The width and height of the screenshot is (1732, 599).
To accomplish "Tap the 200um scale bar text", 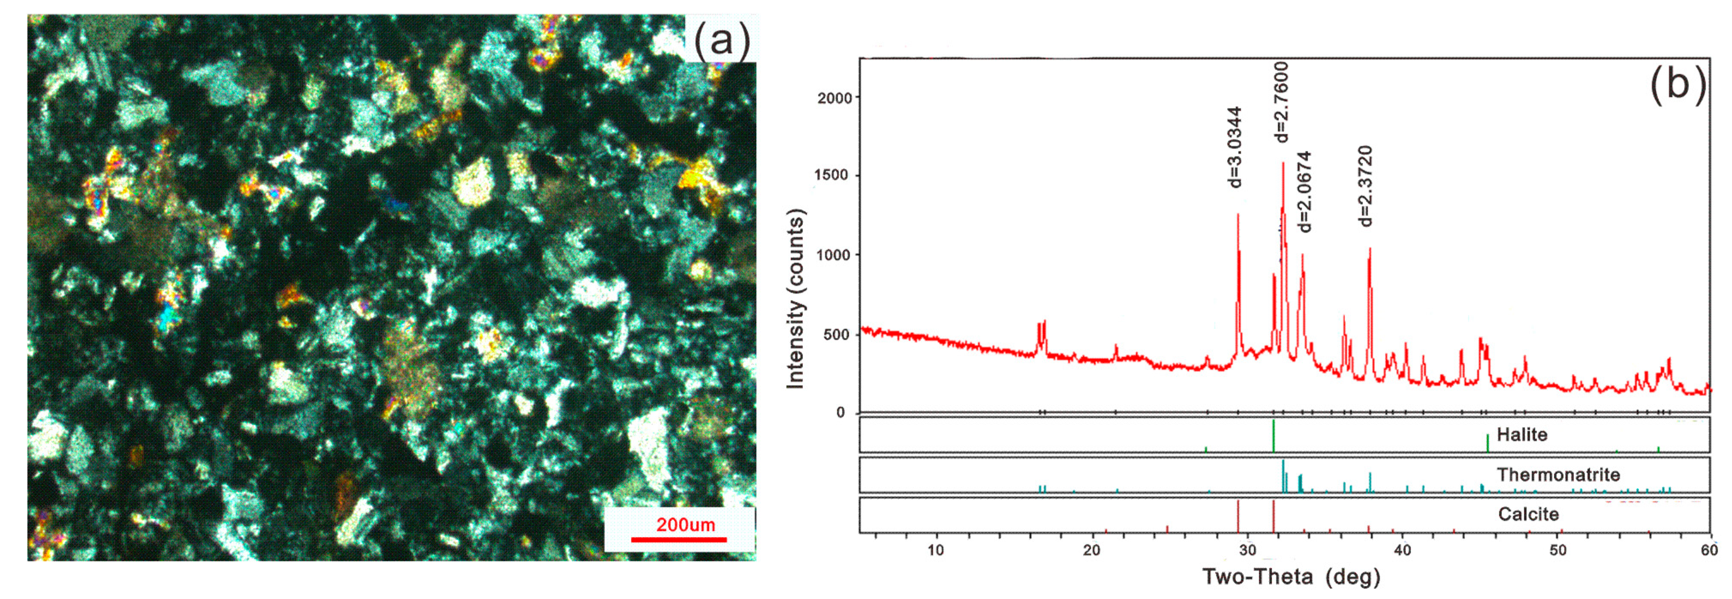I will click(685, 524).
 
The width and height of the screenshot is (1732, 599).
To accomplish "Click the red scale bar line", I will click(678, 539).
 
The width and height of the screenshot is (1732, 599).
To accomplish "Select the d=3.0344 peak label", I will click(1235, 147).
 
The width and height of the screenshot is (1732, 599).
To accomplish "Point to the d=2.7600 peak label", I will click(1281, 102).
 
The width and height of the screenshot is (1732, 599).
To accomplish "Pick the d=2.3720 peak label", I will click(1364, 186).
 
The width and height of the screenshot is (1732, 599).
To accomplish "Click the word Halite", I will click(1521, 435).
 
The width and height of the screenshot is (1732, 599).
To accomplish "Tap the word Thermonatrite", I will click(1558, 475).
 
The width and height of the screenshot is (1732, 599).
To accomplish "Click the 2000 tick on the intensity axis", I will click(834, 98).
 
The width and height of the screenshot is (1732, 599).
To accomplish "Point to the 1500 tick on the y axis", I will click(832, 175).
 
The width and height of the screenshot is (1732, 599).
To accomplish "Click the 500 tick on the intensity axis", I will click(837, 335).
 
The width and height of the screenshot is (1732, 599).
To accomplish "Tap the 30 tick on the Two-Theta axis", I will click(1247, 550).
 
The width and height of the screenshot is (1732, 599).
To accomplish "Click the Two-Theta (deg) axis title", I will click(1290, 577).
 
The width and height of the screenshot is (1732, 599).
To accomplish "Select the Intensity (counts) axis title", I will click(795, 298).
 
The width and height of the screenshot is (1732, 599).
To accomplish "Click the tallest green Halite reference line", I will click(1273, 436).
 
